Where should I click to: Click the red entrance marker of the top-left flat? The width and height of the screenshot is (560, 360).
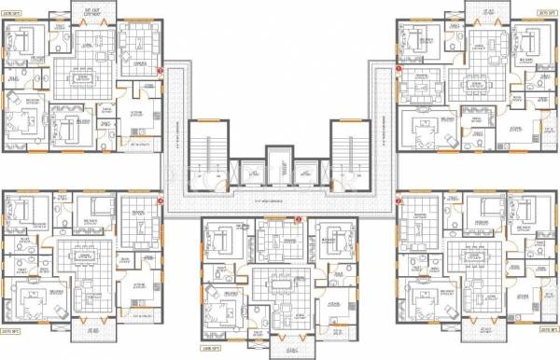pos(161,69)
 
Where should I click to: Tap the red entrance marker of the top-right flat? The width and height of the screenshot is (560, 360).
pos(399,69)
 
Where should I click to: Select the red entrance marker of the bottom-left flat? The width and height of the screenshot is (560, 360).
pos(161,199)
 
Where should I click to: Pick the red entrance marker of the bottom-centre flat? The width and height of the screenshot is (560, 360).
pos(298,218)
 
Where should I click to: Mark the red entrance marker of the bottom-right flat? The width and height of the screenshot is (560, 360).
pos(399,199)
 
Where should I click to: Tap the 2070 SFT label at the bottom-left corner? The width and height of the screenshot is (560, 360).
pos(10,329)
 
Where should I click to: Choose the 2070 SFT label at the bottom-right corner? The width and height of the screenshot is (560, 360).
pos(549,329)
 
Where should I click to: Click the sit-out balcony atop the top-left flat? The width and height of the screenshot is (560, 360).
pos(91,11)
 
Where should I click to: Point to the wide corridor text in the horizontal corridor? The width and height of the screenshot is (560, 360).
pos(280,202)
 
